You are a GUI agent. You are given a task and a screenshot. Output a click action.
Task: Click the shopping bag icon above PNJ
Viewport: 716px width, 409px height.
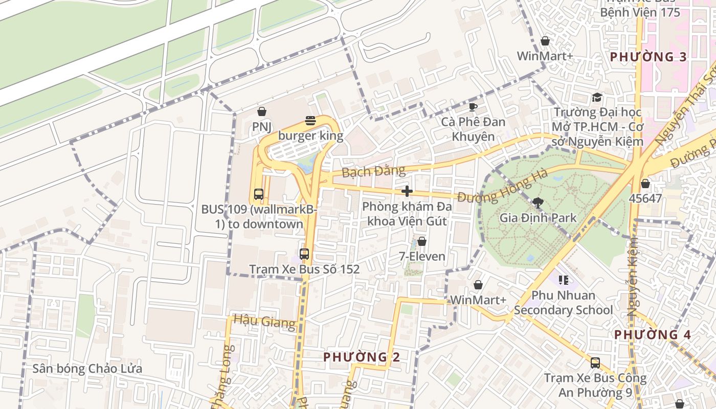(x=262, y=111)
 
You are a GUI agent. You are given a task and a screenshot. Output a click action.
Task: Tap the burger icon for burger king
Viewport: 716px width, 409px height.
(x=310, y=121)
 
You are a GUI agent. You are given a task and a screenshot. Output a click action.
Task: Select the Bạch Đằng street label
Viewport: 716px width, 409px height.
(x=373, y=171)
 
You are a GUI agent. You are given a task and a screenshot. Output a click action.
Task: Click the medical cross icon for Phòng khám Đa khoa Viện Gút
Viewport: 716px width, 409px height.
(x=407, y=191)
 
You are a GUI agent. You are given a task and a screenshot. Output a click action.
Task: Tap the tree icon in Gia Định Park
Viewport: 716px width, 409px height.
(x=538, y=202)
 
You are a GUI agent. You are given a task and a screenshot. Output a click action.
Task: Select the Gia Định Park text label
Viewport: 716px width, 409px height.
(x=538, y=218)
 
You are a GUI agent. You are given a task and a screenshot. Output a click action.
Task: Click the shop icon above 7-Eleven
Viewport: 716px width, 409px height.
(x=422, y=241)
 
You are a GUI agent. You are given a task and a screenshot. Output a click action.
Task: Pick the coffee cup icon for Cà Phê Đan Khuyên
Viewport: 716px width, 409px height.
(x=473, y=107)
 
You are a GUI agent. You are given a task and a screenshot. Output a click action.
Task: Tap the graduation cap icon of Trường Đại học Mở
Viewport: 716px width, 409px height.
(x=597, y=97)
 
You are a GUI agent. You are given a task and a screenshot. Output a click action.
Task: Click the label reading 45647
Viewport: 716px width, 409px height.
(x=645, y=198)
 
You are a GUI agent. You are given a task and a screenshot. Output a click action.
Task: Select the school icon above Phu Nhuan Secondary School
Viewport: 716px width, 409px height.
(x=564, y=280)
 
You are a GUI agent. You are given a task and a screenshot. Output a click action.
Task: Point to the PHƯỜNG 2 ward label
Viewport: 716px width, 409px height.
(x=362, y=357)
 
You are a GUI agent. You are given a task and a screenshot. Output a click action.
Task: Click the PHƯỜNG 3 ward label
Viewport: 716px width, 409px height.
(x=648, y=57)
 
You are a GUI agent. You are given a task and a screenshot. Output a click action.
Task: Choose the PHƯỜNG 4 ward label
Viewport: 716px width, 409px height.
(x=653, y=335)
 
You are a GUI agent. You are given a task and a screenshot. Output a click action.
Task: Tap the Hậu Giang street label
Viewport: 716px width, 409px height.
(x=264, y=322)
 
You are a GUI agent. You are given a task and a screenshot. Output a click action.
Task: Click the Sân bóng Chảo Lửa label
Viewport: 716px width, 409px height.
(x=87, y=369)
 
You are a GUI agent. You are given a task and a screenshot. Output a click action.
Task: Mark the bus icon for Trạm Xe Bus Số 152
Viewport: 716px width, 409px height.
(x=304, y=254)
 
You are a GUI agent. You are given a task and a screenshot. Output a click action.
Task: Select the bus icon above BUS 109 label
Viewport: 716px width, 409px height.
(x=259, y=194)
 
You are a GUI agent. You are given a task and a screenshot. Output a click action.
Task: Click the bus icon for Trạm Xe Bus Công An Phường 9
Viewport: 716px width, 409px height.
(x=595, y=363)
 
